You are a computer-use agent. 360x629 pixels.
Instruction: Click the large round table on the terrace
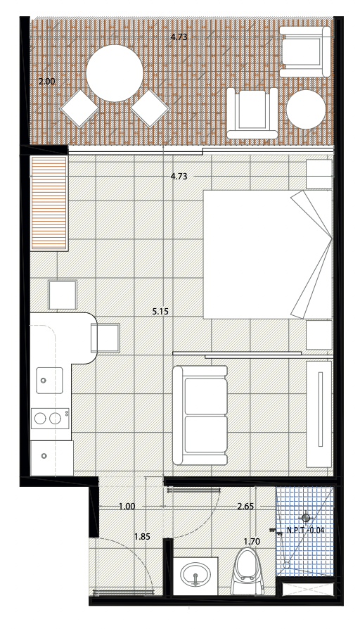[115, 73]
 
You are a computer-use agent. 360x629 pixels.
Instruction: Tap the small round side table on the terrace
[306, 109]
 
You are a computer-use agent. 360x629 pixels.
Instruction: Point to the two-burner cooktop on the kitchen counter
[50, 419]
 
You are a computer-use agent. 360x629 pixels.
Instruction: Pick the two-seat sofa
[200, 415]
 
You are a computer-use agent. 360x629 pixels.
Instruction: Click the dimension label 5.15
[160, 311]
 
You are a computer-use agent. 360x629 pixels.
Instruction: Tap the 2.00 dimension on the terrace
[47, 82]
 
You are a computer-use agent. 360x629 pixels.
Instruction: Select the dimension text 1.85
[142, 536]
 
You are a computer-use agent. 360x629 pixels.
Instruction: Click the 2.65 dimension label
[245, 507]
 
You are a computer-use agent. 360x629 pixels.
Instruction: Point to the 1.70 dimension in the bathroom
[252, 542]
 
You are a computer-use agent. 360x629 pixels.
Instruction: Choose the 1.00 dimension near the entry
[127, 507]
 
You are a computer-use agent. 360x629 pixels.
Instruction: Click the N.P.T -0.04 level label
[305, 530]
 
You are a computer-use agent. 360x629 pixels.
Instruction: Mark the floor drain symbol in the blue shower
[306, 518]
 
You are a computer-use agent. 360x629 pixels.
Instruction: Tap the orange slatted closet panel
[49, 203]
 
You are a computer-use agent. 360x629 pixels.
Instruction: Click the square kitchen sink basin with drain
[50, 381]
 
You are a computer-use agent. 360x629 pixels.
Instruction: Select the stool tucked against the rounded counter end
[106, 338]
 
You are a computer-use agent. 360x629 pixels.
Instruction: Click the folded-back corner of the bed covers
[311, 253]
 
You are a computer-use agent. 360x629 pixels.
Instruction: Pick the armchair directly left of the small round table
[252, 113]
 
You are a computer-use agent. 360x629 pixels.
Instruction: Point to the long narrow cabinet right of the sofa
[319, 414]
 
